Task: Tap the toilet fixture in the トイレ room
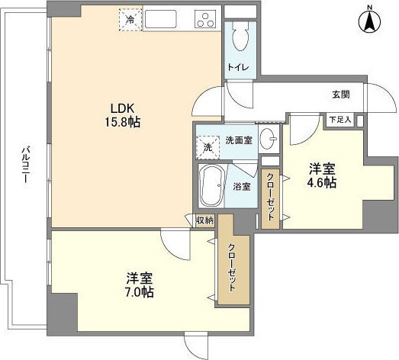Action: (x=240, y=34)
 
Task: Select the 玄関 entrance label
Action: (x=340, y=95)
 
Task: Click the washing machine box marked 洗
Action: (x=206, y=146)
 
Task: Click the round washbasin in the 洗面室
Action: (x=267, y=139)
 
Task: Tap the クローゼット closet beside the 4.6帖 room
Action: (x=269, y=196)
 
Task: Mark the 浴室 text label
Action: (x=241, y=185)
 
